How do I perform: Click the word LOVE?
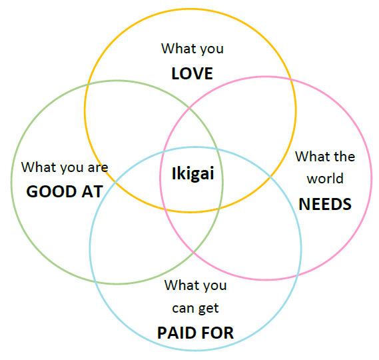click(192, 73)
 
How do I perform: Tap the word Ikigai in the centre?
click(192, 175)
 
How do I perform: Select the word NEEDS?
click(325, 204)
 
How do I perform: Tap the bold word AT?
click(92, 192)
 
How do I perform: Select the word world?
click(325, 179)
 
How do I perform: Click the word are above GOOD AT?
click(97, 167)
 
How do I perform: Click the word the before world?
click(344, 157)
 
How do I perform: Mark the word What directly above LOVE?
click(179, 49)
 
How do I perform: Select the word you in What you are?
click(70, 168)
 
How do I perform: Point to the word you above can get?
click(214, 286)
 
